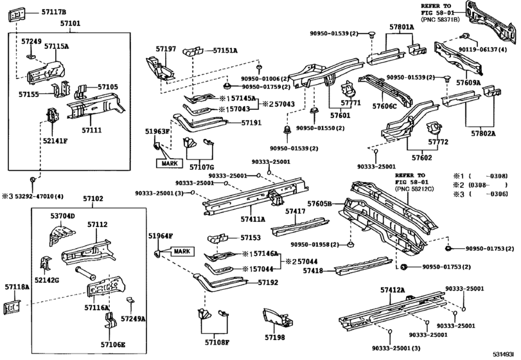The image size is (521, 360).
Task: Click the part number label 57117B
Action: (x=53, y=12)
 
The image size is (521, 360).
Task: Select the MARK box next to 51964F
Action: (x=182, y=251)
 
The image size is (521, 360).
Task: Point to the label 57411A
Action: (x=253, y=219)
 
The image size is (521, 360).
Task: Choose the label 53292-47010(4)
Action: (x=39, y=196)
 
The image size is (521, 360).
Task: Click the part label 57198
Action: (x=275, y=337)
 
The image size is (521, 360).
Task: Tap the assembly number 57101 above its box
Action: (x=70, y=24)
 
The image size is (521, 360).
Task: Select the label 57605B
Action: (x=319, y=203)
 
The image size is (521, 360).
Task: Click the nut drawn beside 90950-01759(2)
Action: (x=227, y=86)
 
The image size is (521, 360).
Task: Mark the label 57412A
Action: (x=393, y=290)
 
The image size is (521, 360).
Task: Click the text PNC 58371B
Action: (x=440, y=20)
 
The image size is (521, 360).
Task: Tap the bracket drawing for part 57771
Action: (x=346, y=89)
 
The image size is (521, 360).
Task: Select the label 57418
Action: (x=313, y=271)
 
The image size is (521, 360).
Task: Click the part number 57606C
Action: (x=384, y=106)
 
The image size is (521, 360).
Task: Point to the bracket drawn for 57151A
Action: (x=193, y=51)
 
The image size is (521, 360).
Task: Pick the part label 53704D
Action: (x=63, y=216)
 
